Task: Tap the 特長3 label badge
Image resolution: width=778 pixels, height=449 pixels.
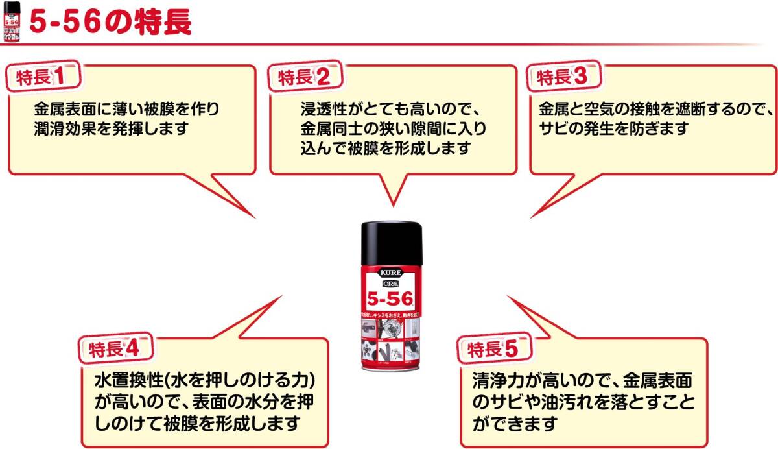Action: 562,77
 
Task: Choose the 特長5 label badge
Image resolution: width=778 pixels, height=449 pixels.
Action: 493,349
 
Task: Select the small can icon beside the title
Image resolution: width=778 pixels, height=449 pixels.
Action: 12,22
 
